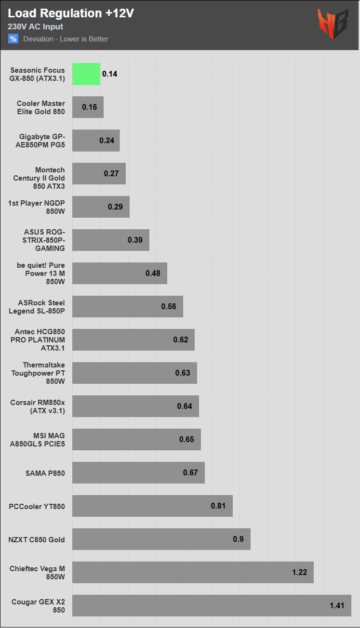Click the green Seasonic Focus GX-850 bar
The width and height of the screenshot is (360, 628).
coord(86,74)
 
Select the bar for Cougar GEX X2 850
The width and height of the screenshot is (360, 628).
coord(212,605)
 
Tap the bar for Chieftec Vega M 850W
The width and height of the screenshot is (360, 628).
coord(193,572)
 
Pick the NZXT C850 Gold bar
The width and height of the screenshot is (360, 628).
coord(161,539)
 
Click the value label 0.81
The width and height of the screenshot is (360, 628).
coord(218,506)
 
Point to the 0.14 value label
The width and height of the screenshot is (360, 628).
coord(110,74)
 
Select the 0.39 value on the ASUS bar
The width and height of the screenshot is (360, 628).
coord(135,240)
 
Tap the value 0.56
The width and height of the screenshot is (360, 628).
coord(169,306)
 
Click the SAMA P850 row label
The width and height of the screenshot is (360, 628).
coord(45,473)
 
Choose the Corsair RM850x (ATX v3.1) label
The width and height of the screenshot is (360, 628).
coord(38,406)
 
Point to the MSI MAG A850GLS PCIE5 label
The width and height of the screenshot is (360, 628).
coord(37,440)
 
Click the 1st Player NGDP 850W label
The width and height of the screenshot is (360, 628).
coord(37,207)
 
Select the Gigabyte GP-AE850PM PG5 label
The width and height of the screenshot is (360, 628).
coord(40,141)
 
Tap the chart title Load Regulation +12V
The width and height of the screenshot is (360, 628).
coord(71,13)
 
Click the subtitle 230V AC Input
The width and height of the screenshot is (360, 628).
coord(35,26)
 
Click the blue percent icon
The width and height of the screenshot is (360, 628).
coord(13,39)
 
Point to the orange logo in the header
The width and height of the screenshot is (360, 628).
coord(333,24)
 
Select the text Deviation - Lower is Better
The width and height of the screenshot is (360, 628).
coord(66,39)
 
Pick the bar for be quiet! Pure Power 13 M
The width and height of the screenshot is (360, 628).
coord(120,274)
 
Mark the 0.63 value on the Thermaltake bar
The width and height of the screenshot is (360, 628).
coord(183,373)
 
